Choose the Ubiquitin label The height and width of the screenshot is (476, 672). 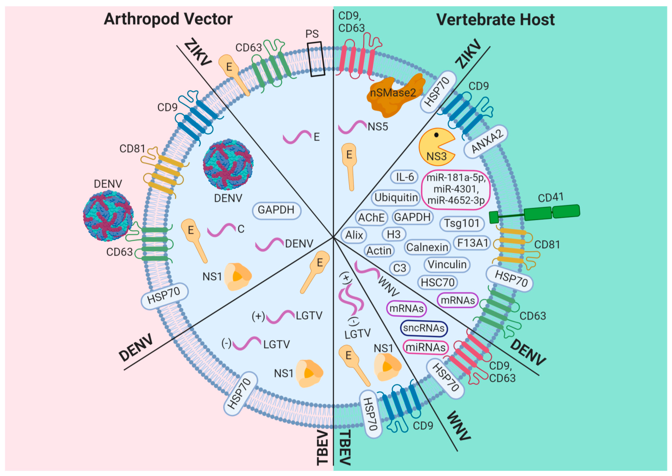(396, 197)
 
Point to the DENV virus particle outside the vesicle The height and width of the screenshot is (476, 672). (108, 216)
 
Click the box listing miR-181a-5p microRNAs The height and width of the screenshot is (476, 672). (456, 190)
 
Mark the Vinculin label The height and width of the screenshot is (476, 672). (447, 265)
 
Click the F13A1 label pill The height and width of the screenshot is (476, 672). (472, 243)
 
